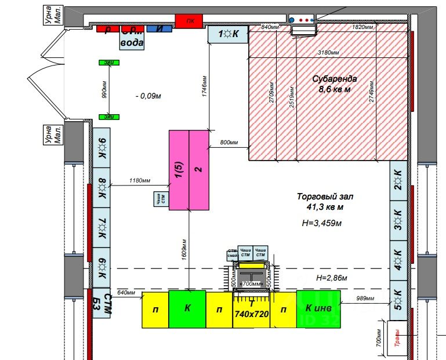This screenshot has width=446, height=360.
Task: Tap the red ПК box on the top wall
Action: (190, 22)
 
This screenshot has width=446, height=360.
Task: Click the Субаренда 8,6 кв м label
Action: (335, 84)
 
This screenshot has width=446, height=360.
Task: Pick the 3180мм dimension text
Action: (329, 53)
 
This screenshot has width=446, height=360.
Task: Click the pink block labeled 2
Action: (198, 170)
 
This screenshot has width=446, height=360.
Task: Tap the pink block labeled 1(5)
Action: (179, 170)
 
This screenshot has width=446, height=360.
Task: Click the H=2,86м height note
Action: (331, 278)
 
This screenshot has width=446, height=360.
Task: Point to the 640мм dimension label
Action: (126, 292)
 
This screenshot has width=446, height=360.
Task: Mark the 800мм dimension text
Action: (229, 143)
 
